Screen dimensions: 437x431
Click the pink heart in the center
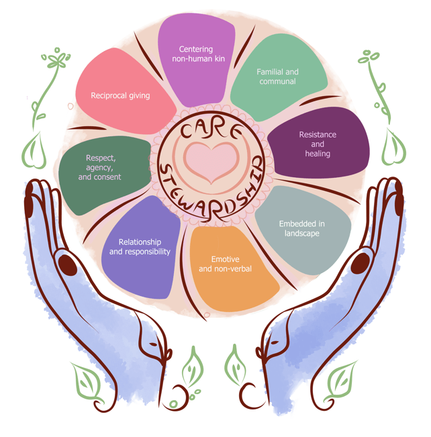click(x=209, y=161)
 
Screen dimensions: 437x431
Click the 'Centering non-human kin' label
click(x=197, y=54)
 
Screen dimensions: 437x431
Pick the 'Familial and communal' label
click(x=277, y=77)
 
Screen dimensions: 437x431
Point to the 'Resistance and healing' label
click(x=318, y=144)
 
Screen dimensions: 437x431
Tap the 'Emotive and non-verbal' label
click(x=225, y=264)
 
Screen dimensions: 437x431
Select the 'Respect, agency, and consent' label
click(x=100, y=167)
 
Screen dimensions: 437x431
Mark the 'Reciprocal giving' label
click(x=120, y=95)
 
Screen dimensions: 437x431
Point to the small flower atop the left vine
click(x=57, y=59)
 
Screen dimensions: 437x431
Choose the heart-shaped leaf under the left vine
click(x=34, y=151)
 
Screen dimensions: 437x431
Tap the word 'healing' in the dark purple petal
click(x=318, y=153)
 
